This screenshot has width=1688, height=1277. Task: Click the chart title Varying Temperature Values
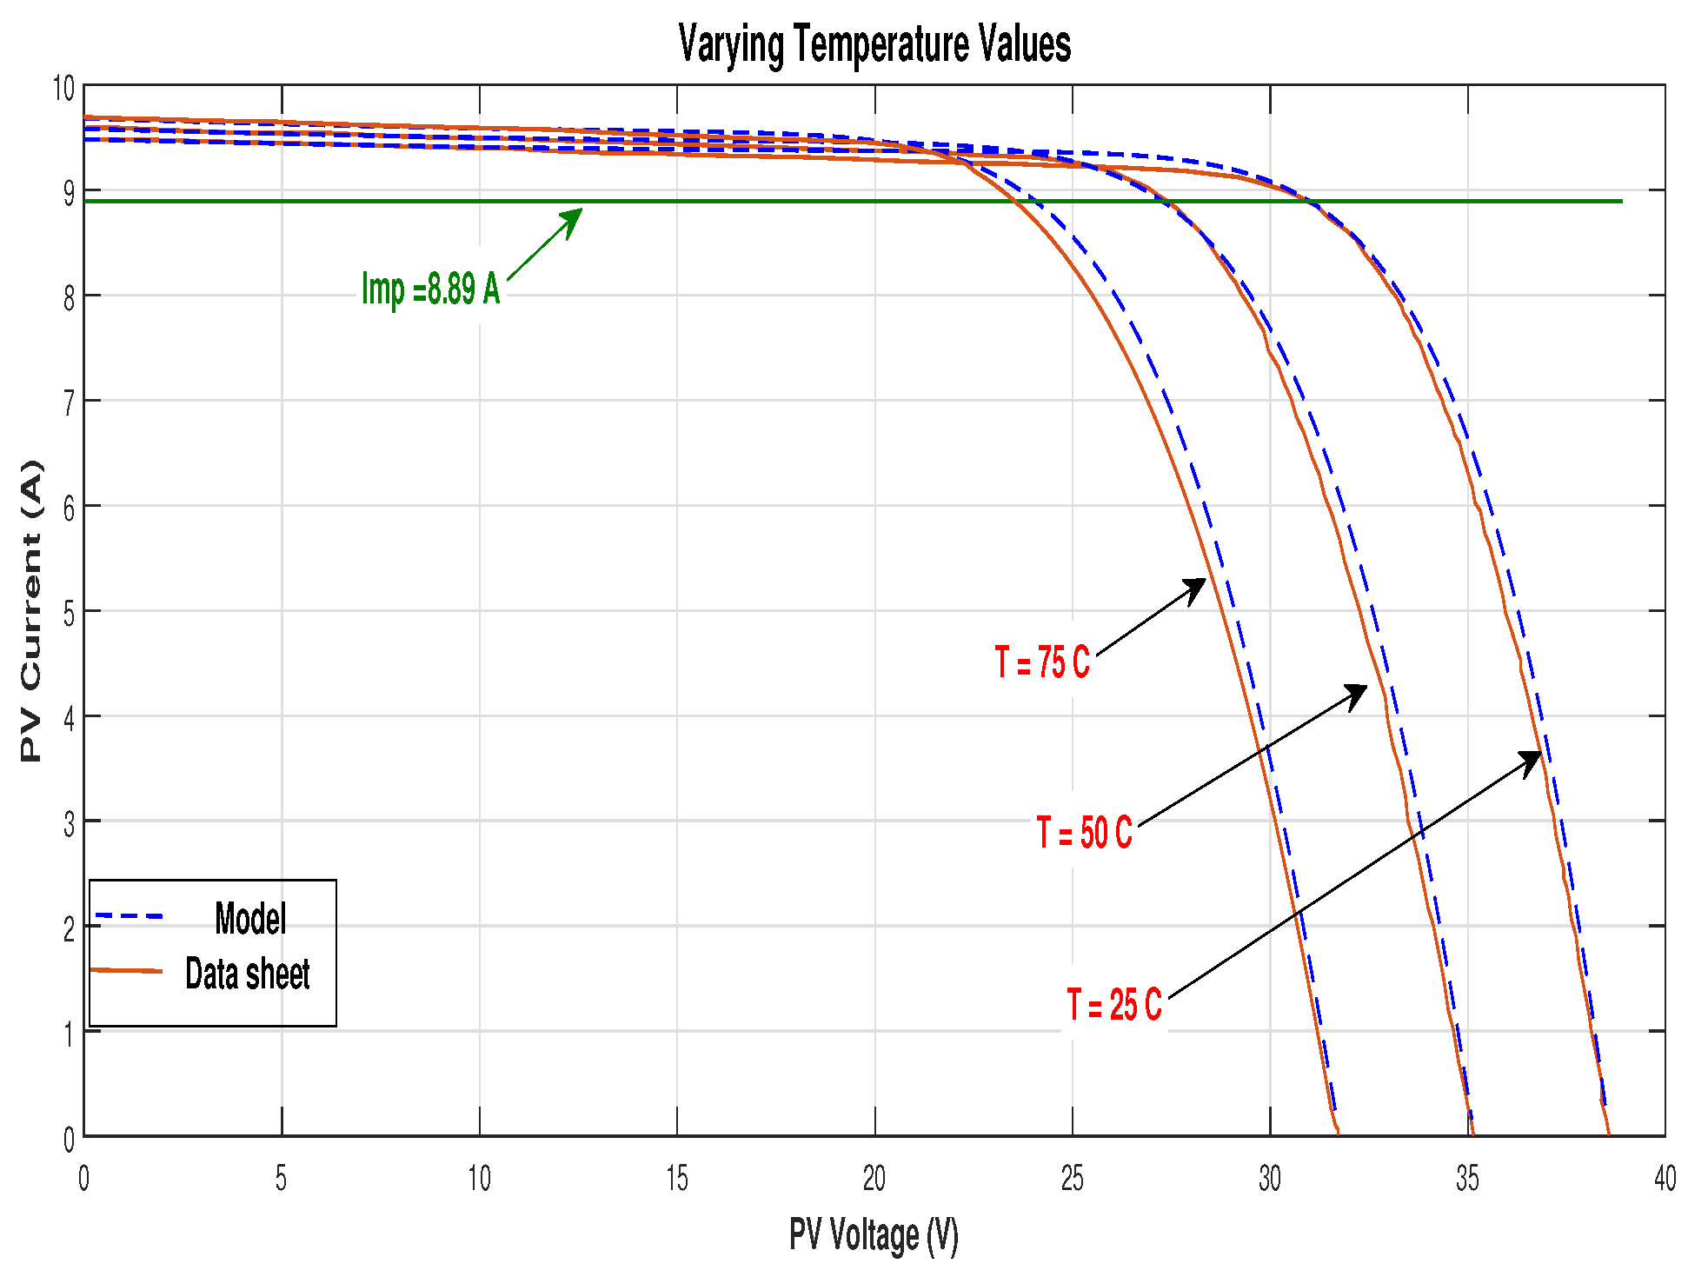point(874,44)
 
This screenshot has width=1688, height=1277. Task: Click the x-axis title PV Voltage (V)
point(874,1234)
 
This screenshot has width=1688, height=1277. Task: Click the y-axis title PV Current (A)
point(31,611)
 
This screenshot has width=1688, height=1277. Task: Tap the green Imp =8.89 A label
point(430,289)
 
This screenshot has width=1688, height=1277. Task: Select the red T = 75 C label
point(1041,662)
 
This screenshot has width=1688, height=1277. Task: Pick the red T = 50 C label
point(1083,833)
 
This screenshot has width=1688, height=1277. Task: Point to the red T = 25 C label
point(1113,1005)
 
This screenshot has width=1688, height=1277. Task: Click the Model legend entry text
point(250,919)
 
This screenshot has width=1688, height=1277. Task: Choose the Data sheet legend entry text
point(247,974)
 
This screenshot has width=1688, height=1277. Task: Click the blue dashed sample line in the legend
point(129,916)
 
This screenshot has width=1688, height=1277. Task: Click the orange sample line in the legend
point(127,970)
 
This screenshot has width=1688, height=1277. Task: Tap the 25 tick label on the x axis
point(1072,1179)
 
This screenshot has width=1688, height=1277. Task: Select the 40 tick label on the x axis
point(1665,1179)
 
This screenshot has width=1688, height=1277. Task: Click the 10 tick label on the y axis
point(63,88)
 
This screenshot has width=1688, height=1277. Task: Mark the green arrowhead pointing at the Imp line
point(574,218)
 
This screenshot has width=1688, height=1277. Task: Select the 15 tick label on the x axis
point(676,1179)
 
